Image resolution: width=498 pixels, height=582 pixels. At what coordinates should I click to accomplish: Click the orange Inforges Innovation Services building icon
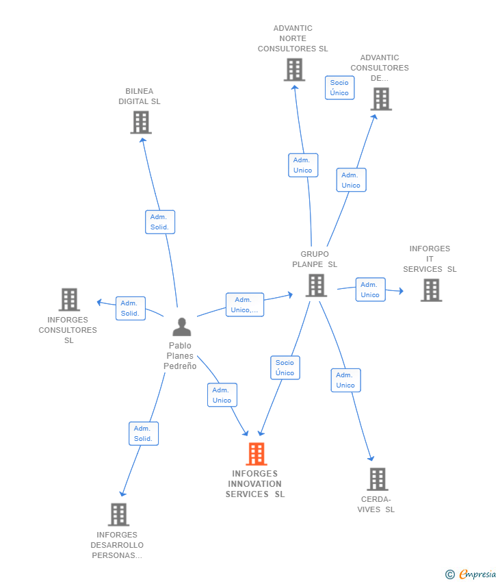(x=256, y=453)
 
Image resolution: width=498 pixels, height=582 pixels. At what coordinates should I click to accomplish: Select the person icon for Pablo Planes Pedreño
(x=181, y=327)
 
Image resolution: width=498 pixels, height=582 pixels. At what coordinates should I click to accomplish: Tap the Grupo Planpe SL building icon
(x=315, y=285)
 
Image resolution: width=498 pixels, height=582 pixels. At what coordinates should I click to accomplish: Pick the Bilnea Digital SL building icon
(x=140, y=122)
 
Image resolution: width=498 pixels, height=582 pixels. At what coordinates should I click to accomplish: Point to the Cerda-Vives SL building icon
(x=377, y=479)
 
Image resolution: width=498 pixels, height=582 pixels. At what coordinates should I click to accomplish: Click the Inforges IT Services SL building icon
(x=431, y=290)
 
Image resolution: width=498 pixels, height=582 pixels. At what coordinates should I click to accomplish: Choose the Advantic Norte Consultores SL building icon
(x=294, y=69)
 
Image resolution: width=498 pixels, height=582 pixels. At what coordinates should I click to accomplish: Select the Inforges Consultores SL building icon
(x=69, y=299)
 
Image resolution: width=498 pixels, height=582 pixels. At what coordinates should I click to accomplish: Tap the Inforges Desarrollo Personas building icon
(x=118, y=514)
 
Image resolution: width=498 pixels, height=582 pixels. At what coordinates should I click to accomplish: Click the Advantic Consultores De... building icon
(x=380, y=99)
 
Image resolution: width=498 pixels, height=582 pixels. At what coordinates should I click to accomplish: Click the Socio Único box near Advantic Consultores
(x=339, y=88)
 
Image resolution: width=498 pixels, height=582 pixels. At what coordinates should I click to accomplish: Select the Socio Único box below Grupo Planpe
(x=285, y=368)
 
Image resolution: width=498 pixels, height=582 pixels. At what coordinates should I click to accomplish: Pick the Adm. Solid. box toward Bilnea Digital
(x=159, y=222)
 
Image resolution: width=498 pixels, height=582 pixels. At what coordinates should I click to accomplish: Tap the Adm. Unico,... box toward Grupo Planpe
(x=245, y=305)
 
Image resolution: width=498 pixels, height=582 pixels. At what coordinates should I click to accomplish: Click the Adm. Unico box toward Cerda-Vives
(x=345, y=380)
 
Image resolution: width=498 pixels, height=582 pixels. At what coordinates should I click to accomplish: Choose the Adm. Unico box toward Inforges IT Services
(x=370, y=290)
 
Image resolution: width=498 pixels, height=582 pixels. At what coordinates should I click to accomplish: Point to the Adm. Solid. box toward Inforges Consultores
(x=130, y=308)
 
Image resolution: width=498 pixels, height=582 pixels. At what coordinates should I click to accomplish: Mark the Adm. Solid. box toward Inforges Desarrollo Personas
(x=143, y=433)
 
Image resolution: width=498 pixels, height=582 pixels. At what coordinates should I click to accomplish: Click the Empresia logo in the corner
(x=471, y=574)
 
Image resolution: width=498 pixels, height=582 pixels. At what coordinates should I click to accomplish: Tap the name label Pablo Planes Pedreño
(x=180, y=355)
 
